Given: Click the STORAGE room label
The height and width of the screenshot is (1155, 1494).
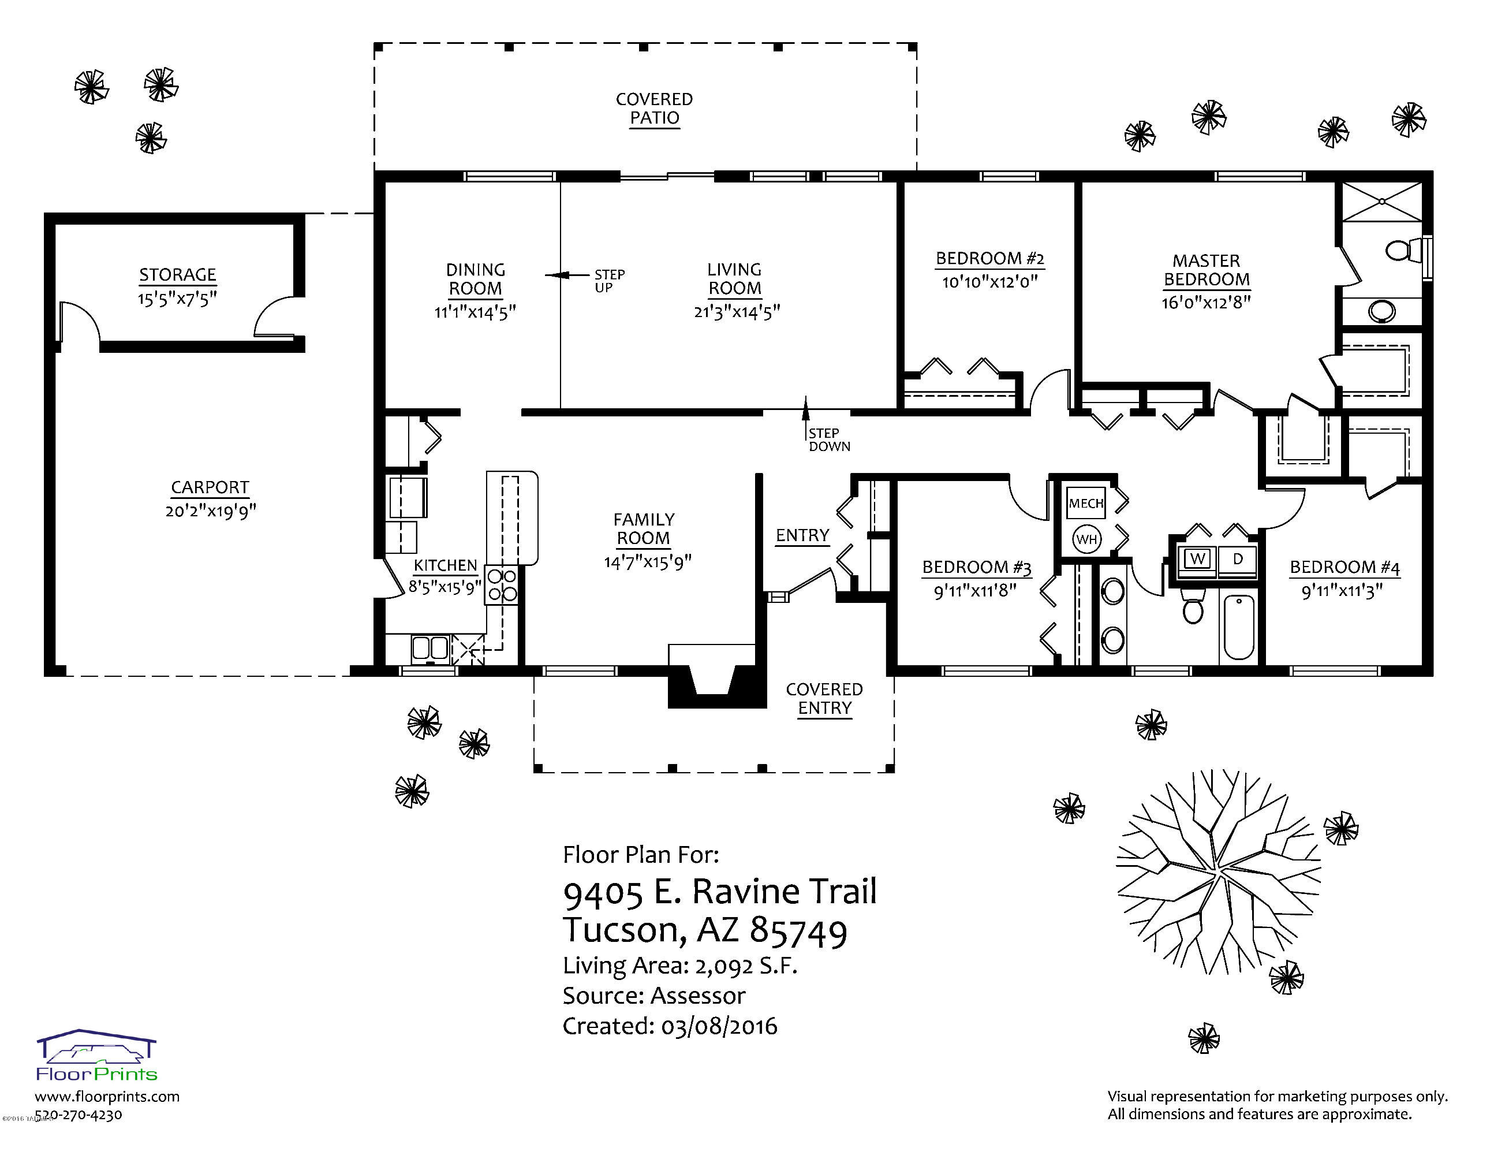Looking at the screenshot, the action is click(178, 275).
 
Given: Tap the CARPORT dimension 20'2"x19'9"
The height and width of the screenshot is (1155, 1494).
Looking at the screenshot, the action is click(211, 511).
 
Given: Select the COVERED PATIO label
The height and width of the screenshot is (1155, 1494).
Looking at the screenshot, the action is click(655, 109).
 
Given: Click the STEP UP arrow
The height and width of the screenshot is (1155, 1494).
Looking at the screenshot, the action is click(567, 275).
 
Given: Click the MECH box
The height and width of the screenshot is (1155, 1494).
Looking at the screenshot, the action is click(1086, 504).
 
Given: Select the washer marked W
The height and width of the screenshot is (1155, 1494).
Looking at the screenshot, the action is click(1197, 559).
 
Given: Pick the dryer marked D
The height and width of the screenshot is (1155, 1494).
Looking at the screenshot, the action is click(1237, 559).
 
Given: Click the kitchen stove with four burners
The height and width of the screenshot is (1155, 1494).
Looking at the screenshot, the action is click(502, 584).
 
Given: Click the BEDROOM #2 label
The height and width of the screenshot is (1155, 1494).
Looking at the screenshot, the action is click(990, 259).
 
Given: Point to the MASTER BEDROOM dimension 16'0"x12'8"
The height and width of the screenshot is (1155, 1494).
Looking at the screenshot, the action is click(1206, 303).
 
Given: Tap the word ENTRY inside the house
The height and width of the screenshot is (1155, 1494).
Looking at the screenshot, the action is click(802, 535).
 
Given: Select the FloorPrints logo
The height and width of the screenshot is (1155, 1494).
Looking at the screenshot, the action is click(96, 1055).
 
